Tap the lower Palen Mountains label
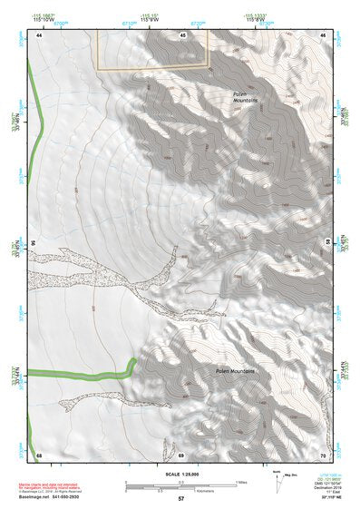tap(238, 371)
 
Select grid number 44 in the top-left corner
tap(39, 34)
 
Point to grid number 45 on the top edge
tap(182, 34)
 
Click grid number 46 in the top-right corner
tap(323, 34)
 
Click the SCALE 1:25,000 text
tap(180, 474)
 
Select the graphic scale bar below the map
tap(181, 483)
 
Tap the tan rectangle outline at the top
tap(153, 49)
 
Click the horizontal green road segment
tap(77, 374)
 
